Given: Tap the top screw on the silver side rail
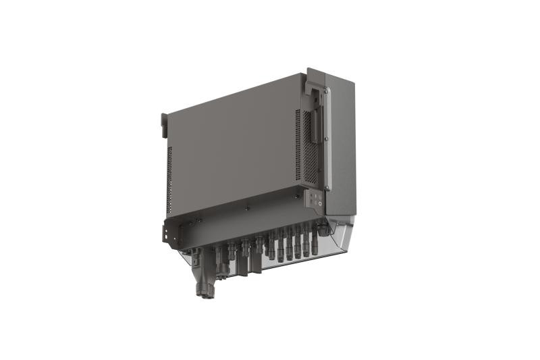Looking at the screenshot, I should click(325, 90).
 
